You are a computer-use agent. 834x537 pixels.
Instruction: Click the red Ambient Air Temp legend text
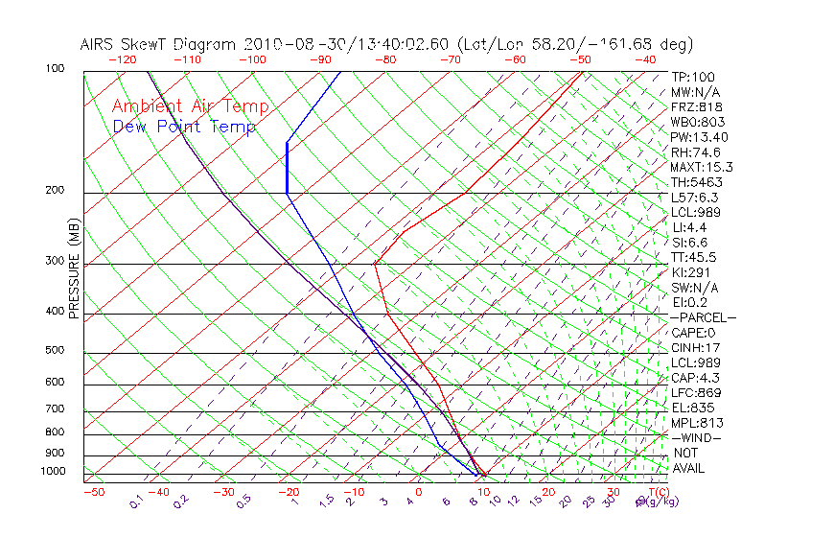tap(190, 106)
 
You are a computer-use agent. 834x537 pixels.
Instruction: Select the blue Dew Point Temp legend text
tap(184, 127)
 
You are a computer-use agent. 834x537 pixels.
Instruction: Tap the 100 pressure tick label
tap(55, 69)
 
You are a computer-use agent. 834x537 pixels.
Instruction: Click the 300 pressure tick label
tap(55, 261)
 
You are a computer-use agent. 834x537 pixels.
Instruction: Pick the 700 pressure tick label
tap(55, 409)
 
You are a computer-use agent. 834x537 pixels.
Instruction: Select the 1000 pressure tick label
tap(53, 471)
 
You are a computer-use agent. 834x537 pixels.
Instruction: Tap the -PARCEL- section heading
tap(704, 317)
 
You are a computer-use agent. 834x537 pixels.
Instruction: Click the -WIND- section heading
tap(696, 437)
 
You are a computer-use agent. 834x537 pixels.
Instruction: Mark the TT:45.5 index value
tap(694, 257)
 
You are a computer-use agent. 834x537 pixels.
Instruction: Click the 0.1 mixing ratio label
tap(136, 502)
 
